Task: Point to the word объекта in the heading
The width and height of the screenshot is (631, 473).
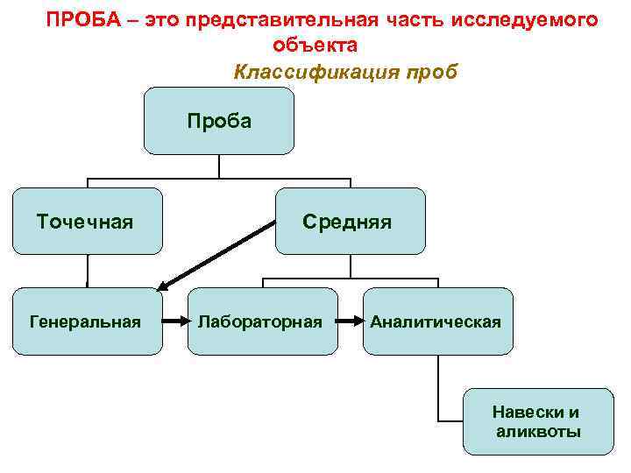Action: (315, 45)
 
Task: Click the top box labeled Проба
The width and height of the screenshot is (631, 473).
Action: (219, 121)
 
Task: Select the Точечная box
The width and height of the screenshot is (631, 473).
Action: (87, 221)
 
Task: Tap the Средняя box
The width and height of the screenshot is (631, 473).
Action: (350, 221)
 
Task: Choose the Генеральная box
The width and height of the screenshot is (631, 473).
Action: (87, 321)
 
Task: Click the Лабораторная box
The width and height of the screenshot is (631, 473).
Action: (262, 321)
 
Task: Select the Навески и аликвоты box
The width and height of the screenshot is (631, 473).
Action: (537, 421)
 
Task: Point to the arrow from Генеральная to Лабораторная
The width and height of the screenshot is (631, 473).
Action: (174, 321)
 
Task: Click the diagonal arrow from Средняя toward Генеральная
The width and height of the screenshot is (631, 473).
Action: (219, 255)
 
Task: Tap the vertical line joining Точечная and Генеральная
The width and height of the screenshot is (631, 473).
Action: (87, 271)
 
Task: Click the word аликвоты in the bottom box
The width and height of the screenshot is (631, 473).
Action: (537, 432)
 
